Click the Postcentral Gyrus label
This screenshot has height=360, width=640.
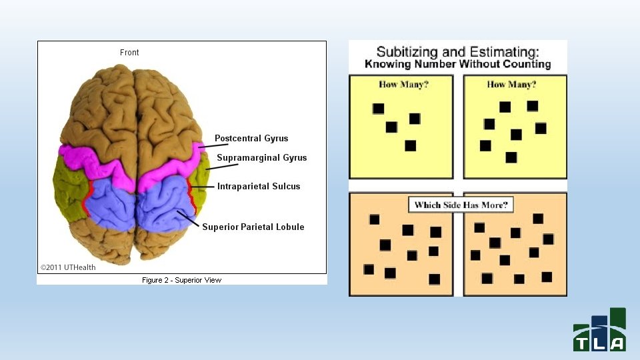251,139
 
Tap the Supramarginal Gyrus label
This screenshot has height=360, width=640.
262,158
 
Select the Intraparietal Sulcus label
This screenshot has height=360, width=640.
259,187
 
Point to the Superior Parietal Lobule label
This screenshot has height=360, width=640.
253,227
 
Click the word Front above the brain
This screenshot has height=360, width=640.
129,53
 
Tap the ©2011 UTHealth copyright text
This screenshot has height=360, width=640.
68,267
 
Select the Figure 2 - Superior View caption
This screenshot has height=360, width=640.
181,280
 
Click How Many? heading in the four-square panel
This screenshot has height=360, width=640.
403,85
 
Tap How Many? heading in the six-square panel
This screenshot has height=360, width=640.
511,85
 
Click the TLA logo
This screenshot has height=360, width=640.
599,329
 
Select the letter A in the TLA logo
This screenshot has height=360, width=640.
617,344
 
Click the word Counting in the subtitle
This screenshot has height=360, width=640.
527,64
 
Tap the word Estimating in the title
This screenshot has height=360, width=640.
503,51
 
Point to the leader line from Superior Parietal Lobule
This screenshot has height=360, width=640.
188,218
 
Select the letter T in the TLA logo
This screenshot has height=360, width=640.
581,344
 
